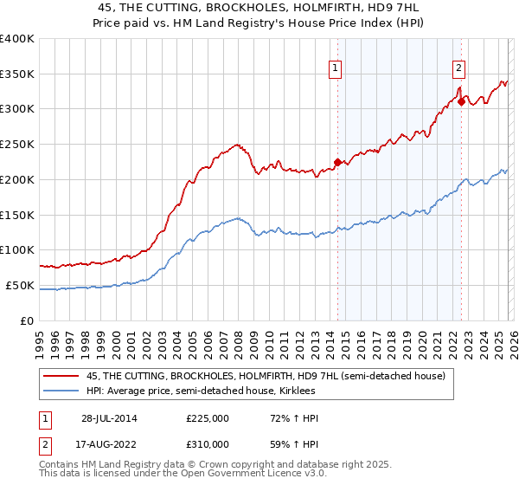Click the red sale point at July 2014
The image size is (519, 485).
pos(337,162)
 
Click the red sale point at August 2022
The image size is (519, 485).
pos(461,102)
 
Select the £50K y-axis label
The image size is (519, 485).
pos(20,285)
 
